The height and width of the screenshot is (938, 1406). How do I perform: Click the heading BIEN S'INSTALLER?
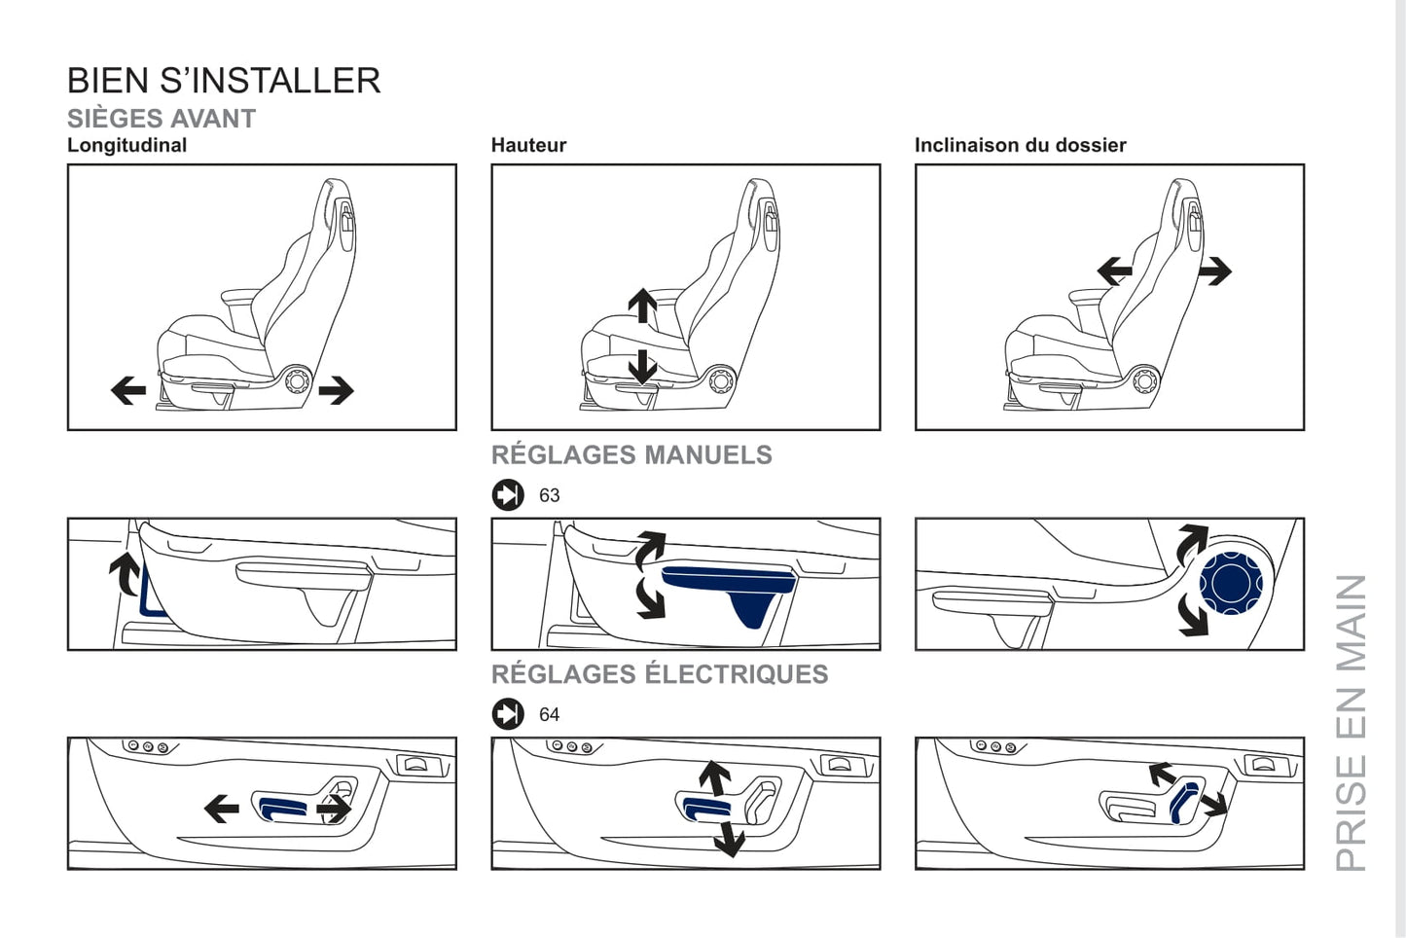pyautogui.click(x=224, y=81)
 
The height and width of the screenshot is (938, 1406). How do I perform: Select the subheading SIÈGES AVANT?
pyautogui.click(x=162, y=119)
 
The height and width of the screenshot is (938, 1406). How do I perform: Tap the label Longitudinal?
pyautogui.click(x=126, y=145)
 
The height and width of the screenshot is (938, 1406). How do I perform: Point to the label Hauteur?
pyautogui.click(x=528, y=145)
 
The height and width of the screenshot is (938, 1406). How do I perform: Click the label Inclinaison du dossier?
pyautogui.click(x=1020, y=145)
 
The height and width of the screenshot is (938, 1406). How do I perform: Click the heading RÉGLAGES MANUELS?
pyautogui.click(x=631, y=454)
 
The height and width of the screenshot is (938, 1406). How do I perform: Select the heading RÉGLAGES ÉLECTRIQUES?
pyautogui.click(x=660, y=674)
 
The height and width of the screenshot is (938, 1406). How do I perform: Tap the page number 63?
pyautogui.click(x=550, y=495)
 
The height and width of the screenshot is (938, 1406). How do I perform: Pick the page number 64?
pyautogui.click(x=550, y=714)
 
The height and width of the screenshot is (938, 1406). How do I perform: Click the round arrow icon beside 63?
pyautogui.click(x=508, y=495)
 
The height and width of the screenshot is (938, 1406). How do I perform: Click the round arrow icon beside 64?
pyautogui.click(x=508, y=714)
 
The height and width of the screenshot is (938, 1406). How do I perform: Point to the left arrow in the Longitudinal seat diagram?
pyautogui.click(x=128, y=390)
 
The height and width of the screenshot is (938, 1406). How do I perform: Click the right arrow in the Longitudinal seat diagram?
pyautogui.click(x=337, y=390)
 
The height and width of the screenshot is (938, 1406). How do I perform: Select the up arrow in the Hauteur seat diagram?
pyautogui.click(x=642, y=306)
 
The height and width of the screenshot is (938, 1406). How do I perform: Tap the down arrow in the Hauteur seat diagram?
pyautogui.click(x=642, y=367)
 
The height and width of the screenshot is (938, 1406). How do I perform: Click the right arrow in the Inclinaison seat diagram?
pyautogui.click(x=1214, y=271)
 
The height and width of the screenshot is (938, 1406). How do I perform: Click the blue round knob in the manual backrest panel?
pyautogui.click(x=1231, y=583)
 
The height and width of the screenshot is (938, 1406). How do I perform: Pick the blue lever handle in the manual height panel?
pyautogui.click(x=730, y=581)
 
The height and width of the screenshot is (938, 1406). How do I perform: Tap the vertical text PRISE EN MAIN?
pyautogui.click(x=1352, y=722)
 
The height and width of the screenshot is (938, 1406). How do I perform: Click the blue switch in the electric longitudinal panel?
pyautogui.click(x=282, y=807)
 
